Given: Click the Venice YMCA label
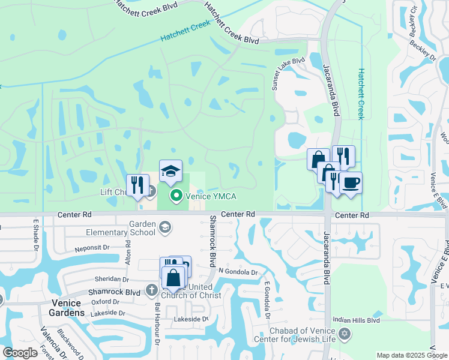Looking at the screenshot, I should (x=211, y=196).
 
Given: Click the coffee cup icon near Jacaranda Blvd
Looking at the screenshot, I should (x=351, y=182).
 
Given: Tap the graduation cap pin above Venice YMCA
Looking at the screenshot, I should (x=170, y=172).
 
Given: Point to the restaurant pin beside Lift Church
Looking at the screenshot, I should (x=137, y=185).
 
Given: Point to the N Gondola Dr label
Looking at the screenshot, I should (x=238, y=272).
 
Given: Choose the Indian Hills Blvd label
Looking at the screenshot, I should (x=357, y=320).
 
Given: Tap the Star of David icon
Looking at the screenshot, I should (x=345, y=334).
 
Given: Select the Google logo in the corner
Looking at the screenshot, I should (x=20, y=353).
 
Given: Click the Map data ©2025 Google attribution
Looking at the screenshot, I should (x=411, y=355).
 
